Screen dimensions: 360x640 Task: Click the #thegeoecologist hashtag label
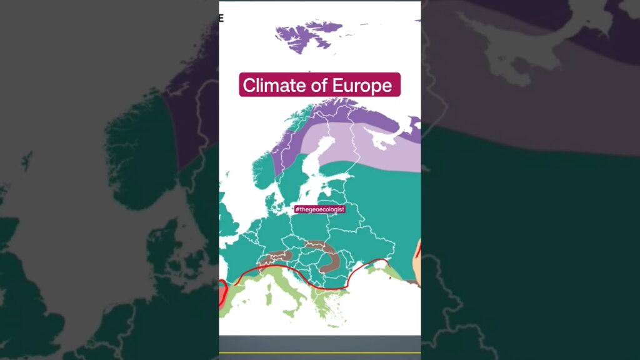(319, 209)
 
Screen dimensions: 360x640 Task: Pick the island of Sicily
(294, 312)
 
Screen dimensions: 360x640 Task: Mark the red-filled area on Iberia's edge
(222, 293)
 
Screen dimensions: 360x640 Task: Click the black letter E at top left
(221, 18)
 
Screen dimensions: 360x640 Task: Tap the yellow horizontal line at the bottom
(319, 353)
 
